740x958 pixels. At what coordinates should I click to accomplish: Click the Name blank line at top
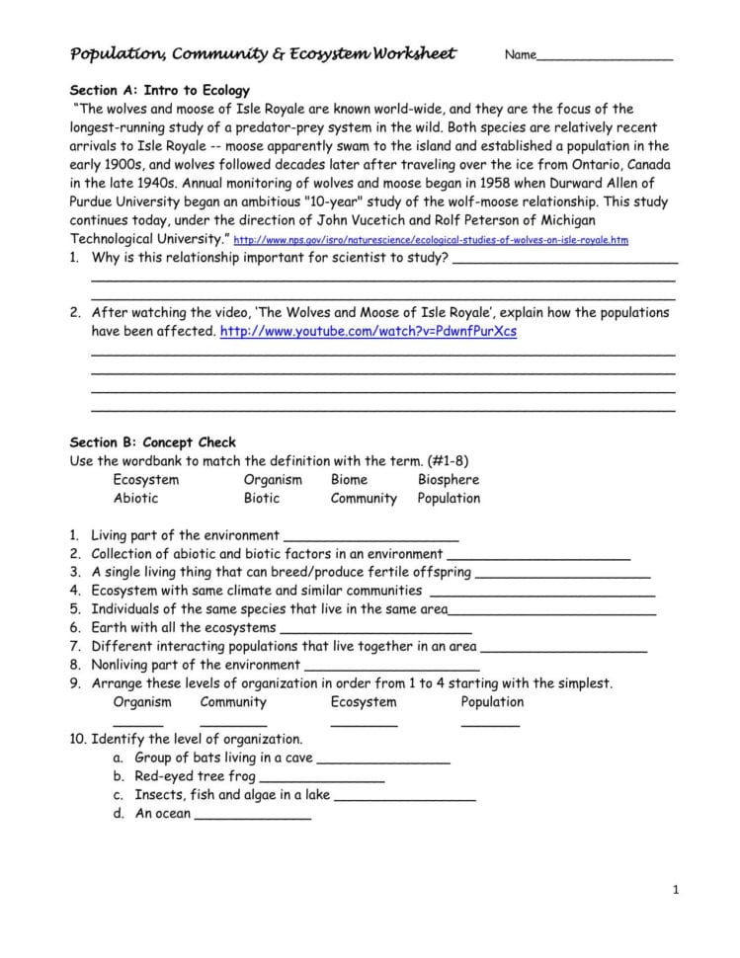[x=605, y=59]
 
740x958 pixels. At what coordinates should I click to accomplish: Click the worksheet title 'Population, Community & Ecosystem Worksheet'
[x=263, y=53]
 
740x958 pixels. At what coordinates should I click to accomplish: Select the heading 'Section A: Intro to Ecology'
[x=159, y=90]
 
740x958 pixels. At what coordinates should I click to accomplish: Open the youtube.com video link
[x=369, y=332]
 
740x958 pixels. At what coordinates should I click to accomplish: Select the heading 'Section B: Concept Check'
[x=153, y=442]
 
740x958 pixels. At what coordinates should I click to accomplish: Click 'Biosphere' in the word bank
[x=448, y=480]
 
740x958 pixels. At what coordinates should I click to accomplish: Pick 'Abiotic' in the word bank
[x=135, y=499]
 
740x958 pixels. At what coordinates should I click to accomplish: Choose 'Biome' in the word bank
[x=349, y=480]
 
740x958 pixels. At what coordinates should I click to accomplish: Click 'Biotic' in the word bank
[x=262, y=499]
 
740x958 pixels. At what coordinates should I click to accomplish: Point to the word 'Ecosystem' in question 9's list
[x=364, y=702]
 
